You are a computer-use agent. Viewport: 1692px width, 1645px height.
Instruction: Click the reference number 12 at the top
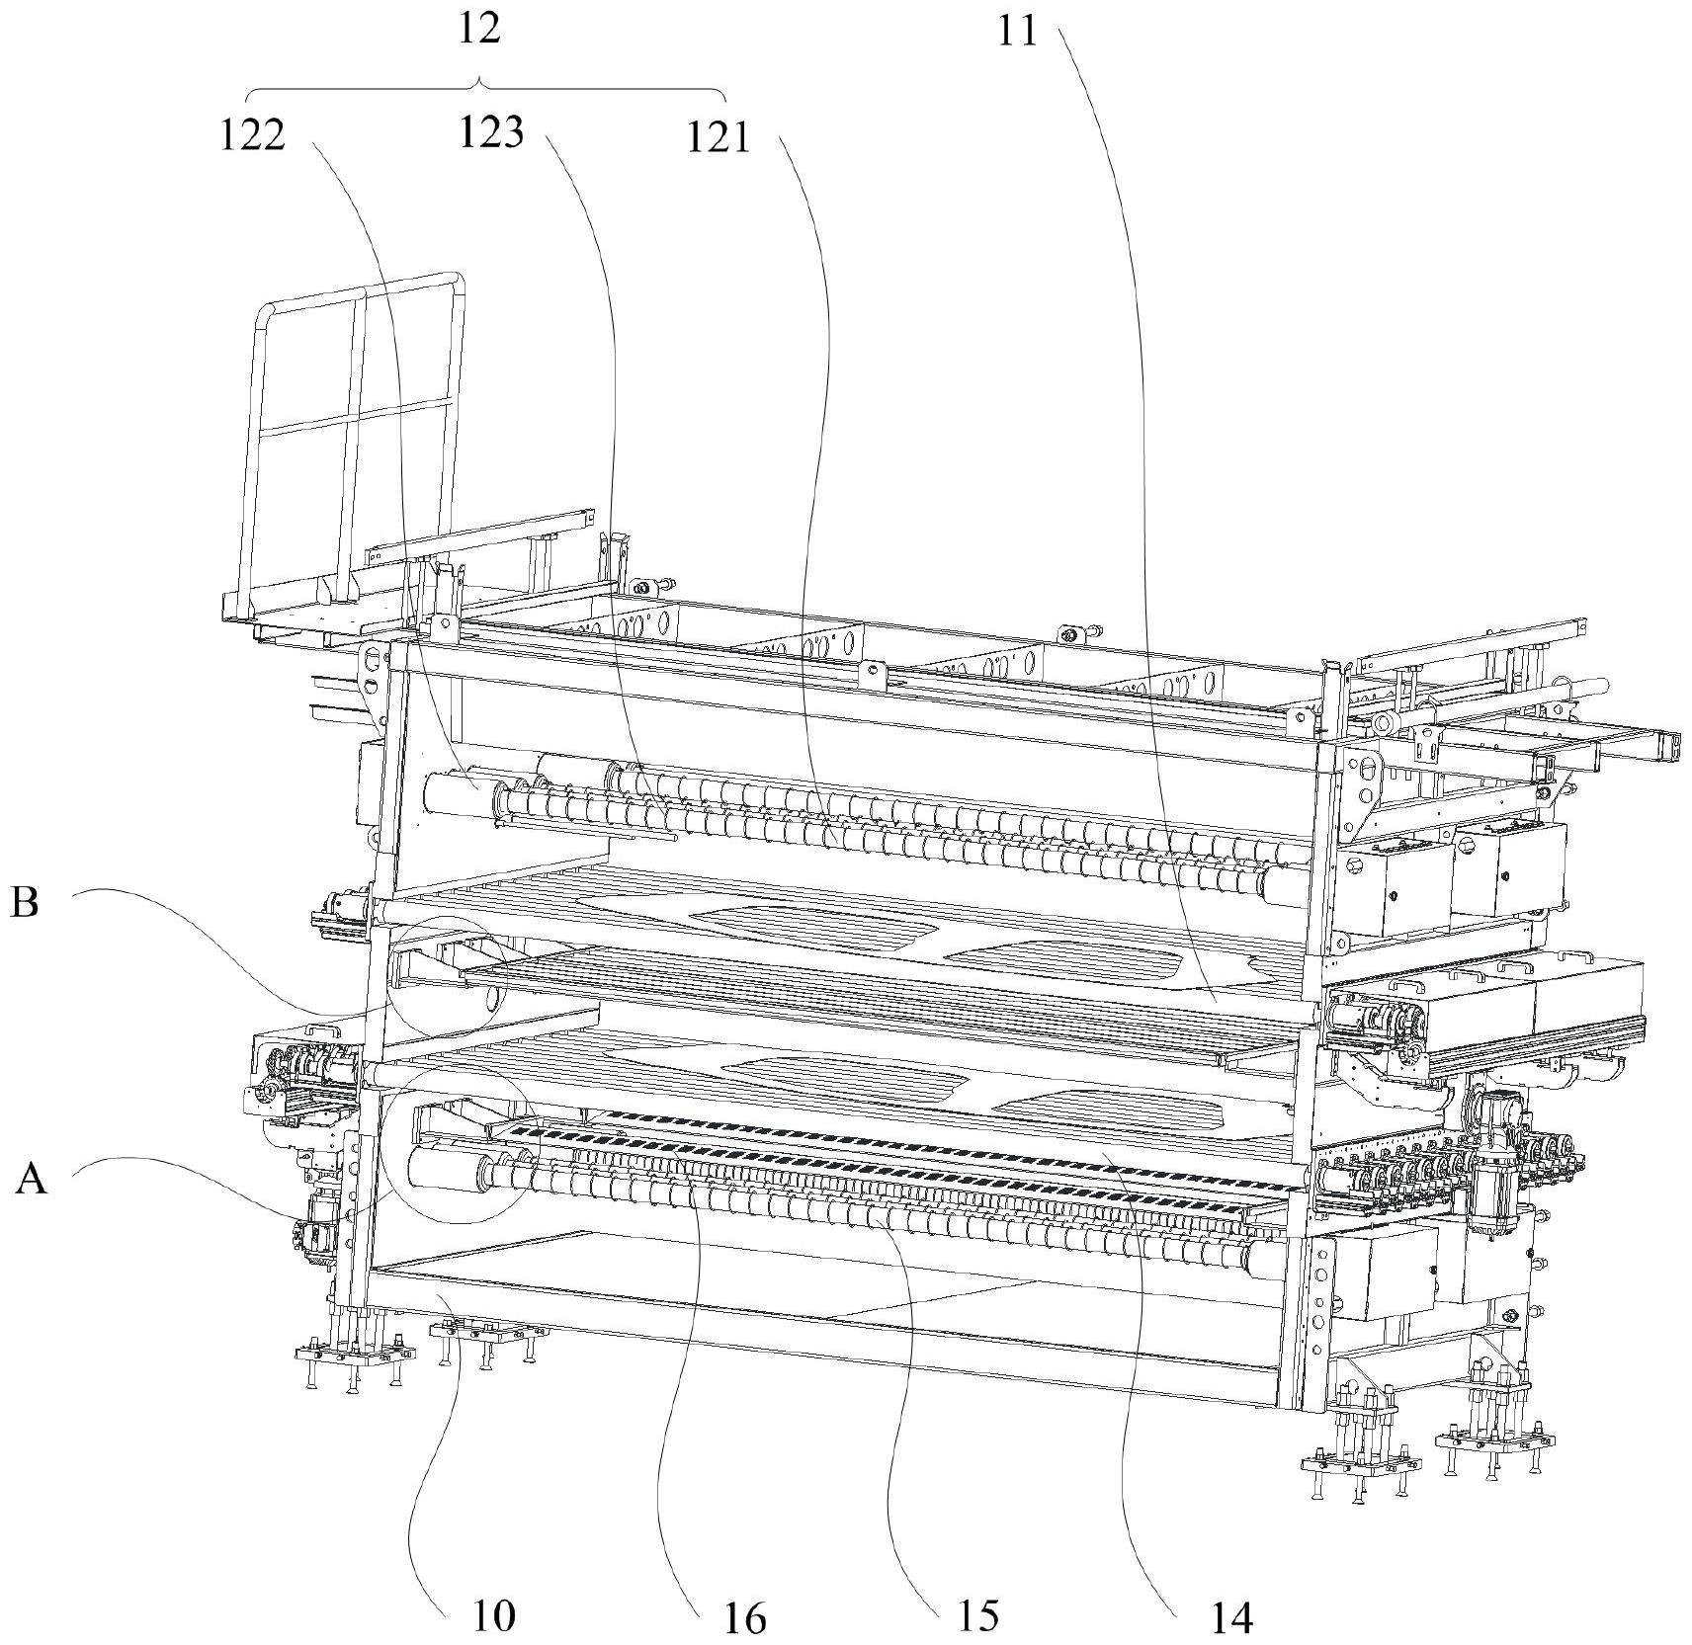479,30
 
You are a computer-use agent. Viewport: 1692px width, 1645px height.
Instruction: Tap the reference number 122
252,135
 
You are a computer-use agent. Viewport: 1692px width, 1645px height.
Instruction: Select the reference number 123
490,132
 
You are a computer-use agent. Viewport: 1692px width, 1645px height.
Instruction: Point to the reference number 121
719,138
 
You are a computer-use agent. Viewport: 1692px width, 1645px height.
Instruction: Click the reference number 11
1017,33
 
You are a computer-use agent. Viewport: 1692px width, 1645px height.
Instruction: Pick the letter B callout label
25,902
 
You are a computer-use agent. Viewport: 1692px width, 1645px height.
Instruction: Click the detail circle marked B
447,976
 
